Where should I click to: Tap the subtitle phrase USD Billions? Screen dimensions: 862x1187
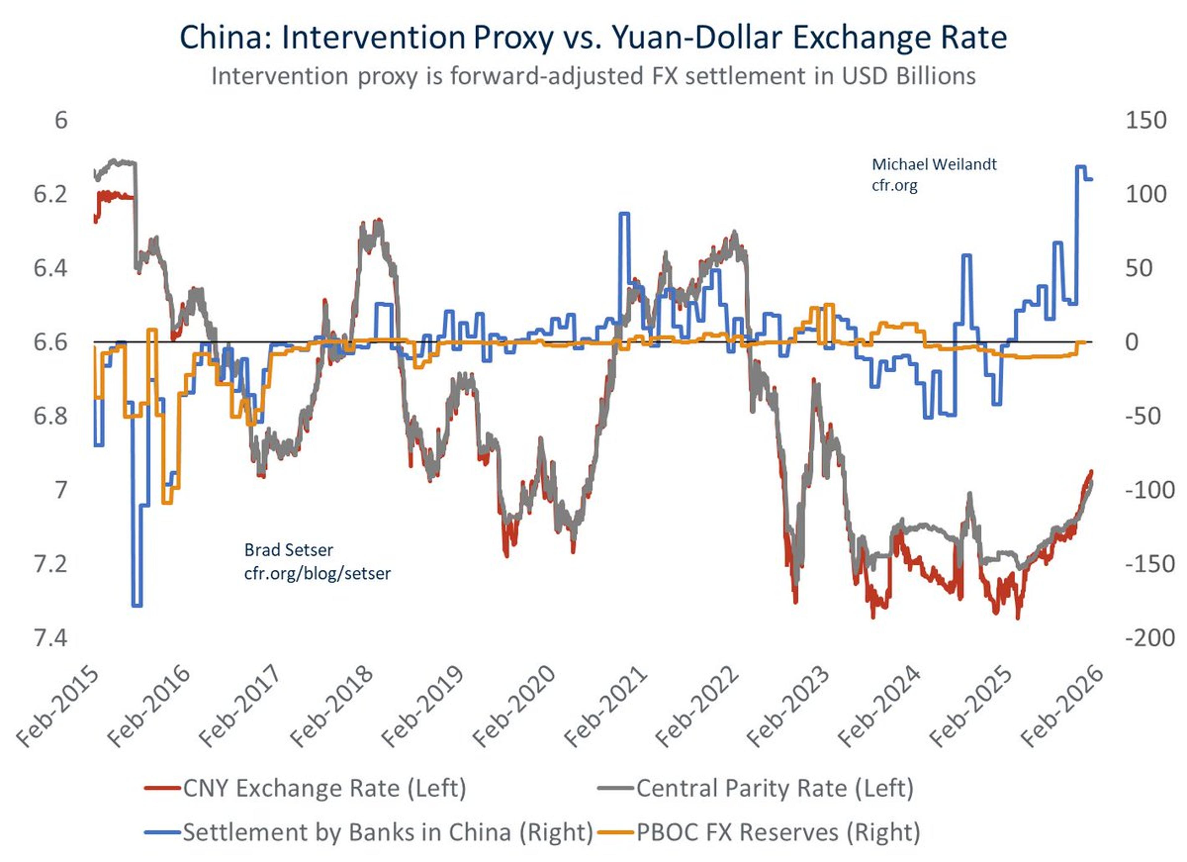pyautogui.click(x=909, y=76)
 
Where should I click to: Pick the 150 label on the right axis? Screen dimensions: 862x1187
pyautogui.click(x=1146, y=120)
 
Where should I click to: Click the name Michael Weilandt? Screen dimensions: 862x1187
pyautogui.click(x=934, y=165)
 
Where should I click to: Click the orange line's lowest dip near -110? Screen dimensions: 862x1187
pyautogui.click(x=167, y=503)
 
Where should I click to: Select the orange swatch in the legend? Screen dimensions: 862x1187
pyautogui.click(x=616, y=832)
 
